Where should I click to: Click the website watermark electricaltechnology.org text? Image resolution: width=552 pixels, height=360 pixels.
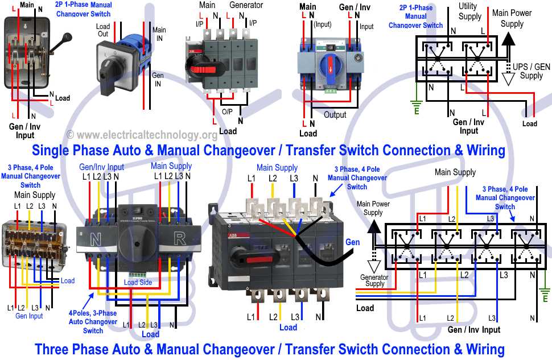coord(142,135)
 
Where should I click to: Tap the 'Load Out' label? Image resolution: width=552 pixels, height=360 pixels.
coord(103,30)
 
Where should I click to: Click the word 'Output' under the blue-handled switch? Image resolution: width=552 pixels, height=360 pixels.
coord(335,115)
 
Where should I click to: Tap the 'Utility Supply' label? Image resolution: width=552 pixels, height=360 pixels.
coord(469,11)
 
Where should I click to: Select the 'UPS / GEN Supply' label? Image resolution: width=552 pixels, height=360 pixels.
coord(531,71)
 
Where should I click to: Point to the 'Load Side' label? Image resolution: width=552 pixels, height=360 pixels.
coord(138,282)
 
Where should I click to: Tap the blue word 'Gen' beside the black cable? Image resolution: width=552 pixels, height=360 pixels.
coord(352,242)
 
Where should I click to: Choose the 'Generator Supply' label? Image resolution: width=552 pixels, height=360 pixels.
coord(374,280)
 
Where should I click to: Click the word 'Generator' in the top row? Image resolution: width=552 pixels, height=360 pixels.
coord(246,5)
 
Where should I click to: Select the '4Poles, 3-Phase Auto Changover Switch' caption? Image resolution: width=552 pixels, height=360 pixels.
coord(93,321)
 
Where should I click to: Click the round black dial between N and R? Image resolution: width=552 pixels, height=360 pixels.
coord(137,246)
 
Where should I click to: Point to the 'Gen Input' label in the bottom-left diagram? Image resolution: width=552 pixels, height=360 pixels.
coord(29,316)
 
